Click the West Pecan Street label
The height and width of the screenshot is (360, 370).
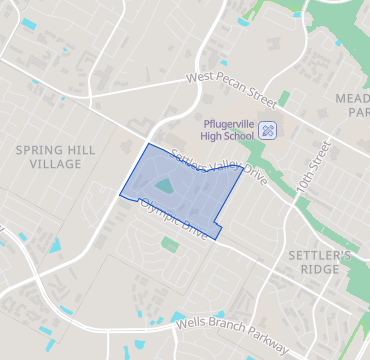[x=230, y=89]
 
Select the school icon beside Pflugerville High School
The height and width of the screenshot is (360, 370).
[x=268, y=130]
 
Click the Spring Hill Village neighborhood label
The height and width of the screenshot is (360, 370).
[x=56, y=156]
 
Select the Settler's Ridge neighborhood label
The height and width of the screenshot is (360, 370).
[x=320, y=263]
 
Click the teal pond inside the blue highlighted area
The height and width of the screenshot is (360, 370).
[x=162, y=186]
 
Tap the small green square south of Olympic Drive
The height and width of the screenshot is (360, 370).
[x=169, y=243]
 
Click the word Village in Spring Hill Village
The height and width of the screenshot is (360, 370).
[x=56, y=163]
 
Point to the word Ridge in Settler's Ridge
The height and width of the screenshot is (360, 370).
[x=320, y=270]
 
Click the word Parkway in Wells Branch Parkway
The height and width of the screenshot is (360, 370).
[x=262, y=340]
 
